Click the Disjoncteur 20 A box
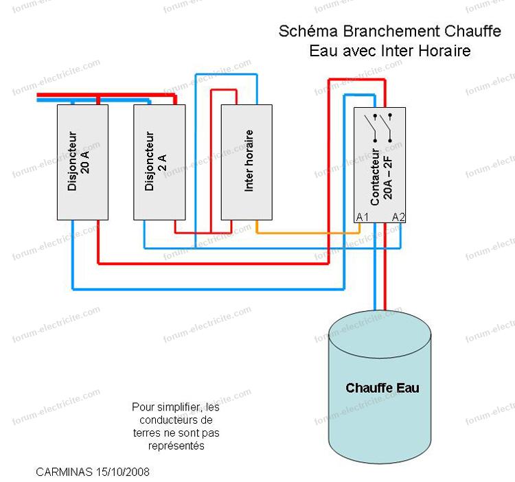point(82,162)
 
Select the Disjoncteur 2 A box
point(159,162)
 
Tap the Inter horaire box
point(246,162)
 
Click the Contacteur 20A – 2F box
point(380,165)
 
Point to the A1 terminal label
point(363,217)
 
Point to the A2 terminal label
point(398,217)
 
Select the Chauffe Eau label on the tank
point(382,388)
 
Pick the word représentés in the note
point(176,446)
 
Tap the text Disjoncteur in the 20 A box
point(74,162)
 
